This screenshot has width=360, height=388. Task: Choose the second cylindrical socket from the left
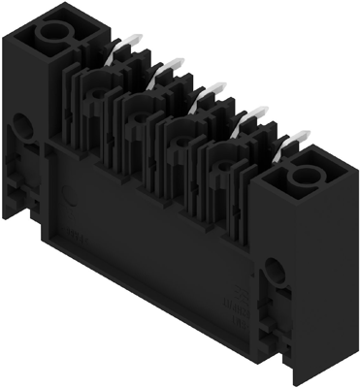tap(138, 113)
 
